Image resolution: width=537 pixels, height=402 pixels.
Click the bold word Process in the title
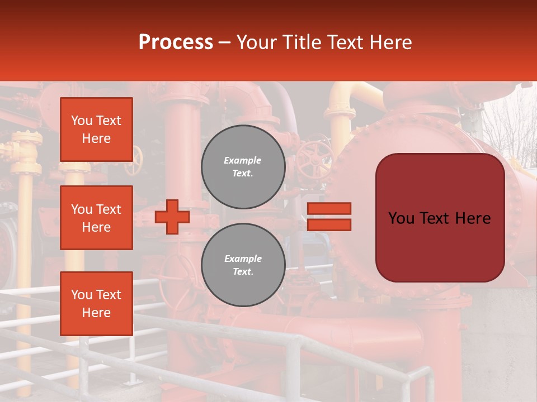176,42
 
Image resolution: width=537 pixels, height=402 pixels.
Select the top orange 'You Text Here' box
96,130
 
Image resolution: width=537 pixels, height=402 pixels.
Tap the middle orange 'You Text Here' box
96,218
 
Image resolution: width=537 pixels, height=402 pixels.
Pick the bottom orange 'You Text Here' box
96,303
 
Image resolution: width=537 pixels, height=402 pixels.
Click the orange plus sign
172,217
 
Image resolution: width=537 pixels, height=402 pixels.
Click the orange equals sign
329,217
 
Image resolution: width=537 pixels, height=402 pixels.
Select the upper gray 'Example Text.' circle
243,167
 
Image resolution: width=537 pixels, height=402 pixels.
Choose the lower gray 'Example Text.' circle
243,265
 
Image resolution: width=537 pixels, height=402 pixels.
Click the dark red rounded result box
440,218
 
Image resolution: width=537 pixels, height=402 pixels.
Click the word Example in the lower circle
243,259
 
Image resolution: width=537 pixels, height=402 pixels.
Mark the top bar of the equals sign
329,208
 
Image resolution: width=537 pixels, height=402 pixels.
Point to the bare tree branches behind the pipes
512,128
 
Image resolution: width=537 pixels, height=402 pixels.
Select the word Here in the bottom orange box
96,313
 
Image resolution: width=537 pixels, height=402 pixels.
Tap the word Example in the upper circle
243,160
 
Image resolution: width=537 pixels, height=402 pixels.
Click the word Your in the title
259,42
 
